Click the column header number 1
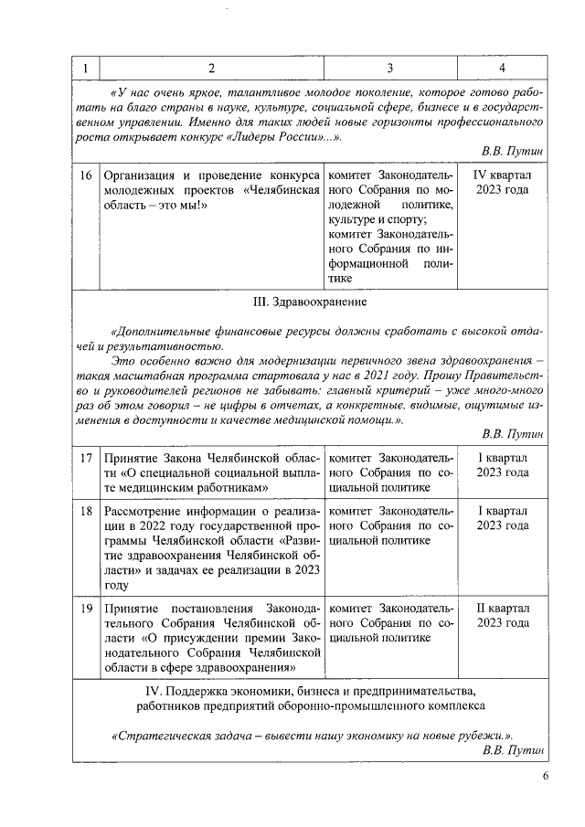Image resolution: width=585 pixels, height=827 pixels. [84, 69]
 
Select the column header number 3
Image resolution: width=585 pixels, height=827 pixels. [390, 69]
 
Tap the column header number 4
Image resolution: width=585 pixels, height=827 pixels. [502, 69]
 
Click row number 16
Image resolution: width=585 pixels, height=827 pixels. [84, 175]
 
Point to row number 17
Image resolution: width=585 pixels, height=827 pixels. [84, 457]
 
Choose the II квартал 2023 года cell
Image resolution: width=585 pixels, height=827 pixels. [502, 615]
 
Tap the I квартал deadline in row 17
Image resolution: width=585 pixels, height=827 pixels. [502, 464]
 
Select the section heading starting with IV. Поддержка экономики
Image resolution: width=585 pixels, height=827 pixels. [311, 697]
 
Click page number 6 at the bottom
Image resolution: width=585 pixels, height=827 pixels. [546, 776]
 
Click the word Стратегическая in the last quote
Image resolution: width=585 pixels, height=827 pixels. [157, 736]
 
